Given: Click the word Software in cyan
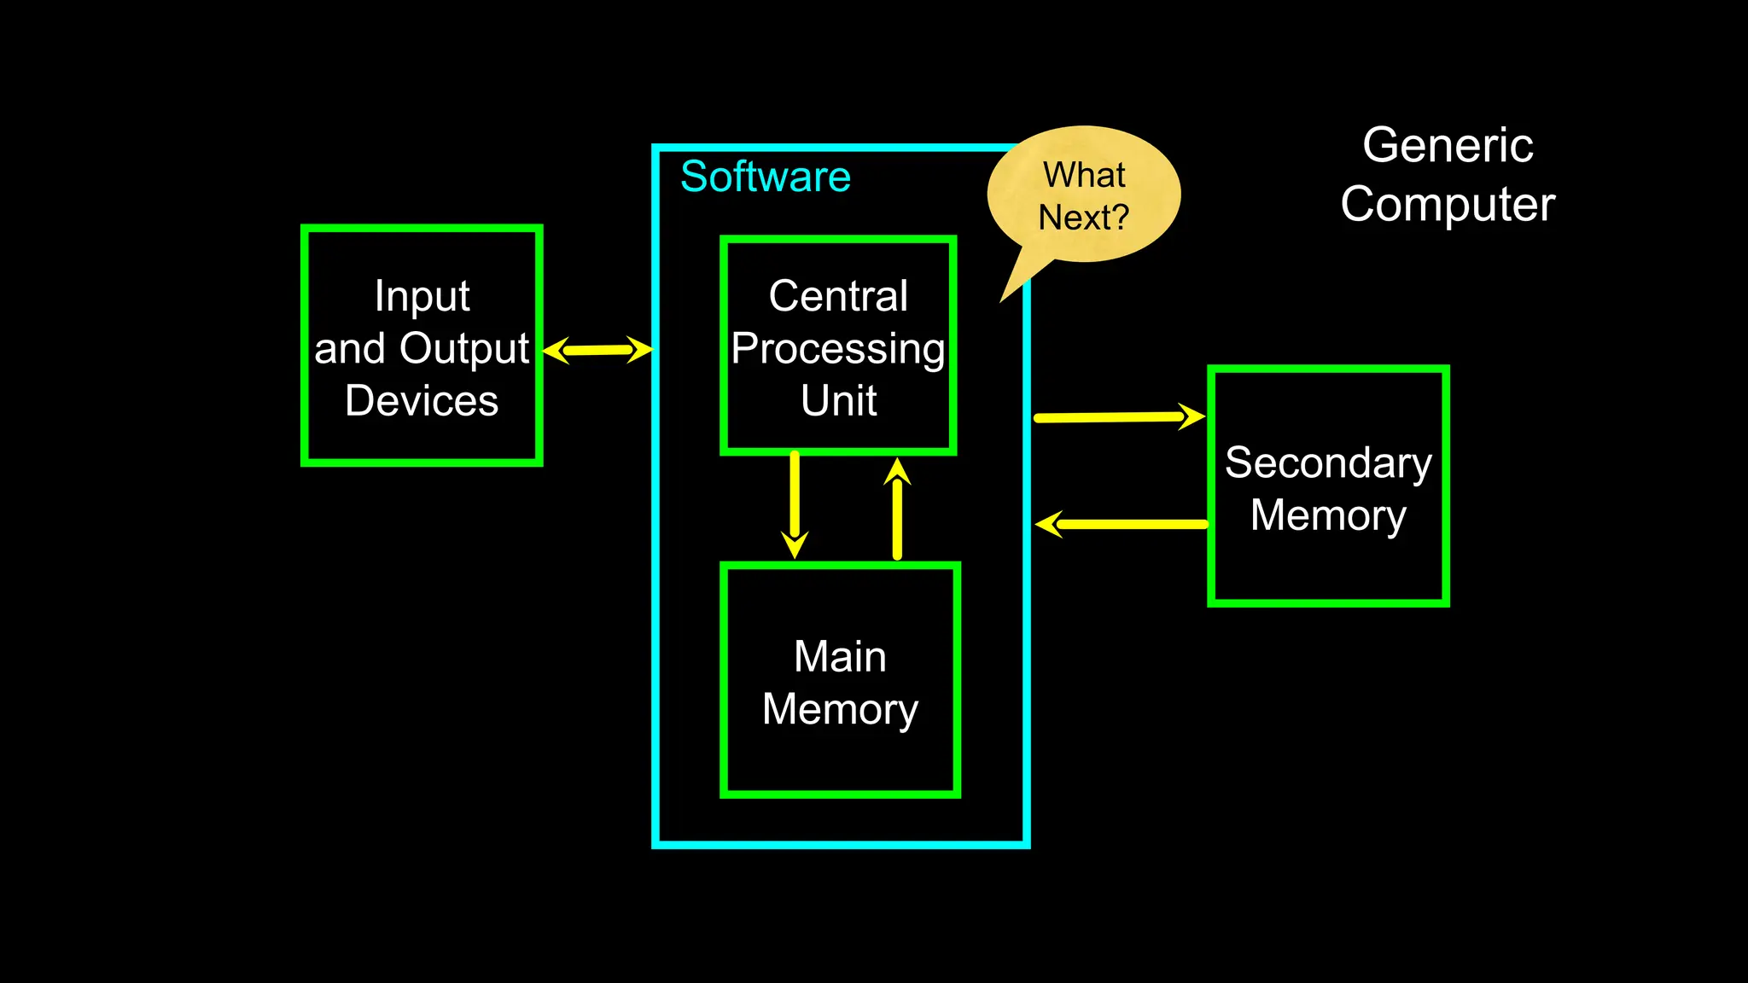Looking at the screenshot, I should (x=765, y=177).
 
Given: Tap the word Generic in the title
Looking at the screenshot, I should (x=1448, y=145).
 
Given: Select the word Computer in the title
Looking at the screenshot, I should (x=1448, y=205).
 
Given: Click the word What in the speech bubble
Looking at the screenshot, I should (x=1084, y=175).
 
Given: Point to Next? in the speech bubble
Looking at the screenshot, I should (x=1083, y=218).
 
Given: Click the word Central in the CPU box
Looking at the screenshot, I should (x=838, y=296).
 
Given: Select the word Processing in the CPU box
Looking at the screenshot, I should (x=838, y=349).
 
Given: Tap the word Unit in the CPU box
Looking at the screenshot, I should (x=838, y=400).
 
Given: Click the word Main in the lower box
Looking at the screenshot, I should (x=840, y=657).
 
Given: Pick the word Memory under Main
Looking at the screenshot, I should (x=840, y=710).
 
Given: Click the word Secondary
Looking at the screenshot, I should (x=1328, y=463).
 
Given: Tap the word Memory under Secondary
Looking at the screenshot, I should (x=1328, y=515).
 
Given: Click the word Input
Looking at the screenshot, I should (x=422, y=297).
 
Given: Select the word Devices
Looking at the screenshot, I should (x=422, y=401).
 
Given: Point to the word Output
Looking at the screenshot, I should (x=464, y=349).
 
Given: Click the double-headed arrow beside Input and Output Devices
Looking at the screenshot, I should (x=597, y=350).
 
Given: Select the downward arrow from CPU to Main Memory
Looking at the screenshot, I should (x=795, y=503).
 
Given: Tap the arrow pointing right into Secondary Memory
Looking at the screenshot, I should (x=1118, y=417).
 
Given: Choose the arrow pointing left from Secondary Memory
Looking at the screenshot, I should (x=1122, y=524).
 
